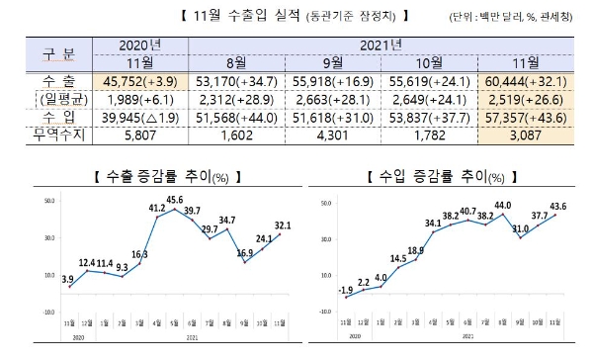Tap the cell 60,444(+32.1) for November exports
tap(526, 78)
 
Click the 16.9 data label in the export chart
tap(244, 253)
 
